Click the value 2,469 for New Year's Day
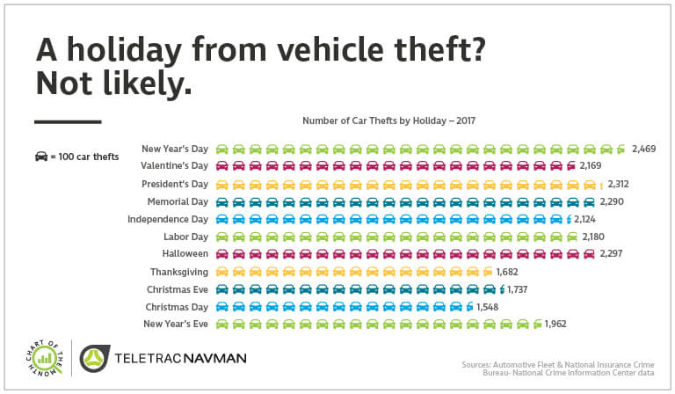(x=643, y=149)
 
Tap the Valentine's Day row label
(x=174, y=165)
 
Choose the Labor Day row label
(x=185, y=237)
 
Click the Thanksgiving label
(x=179, y=272)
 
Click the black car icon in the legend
(x=40, y=157)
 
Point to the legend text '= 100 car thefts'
(x=84, y=157)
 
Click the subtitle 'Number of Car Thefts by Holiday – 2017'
(x=388, y=120)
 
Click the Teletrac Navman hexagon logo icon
(x=94, y=360)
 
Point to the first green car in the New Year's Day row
(x=222, y=149)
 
